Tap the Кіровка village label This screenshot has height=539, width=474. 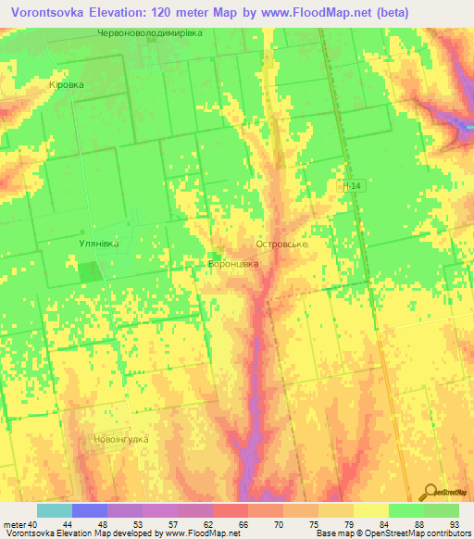tap(66, 83)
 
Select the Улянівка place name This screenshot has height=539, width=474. tap(96, 244)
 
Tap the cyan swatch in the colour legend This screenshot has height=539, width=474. tap(55, 510)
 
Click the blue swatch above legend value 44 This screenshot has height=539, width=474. tap(90, 510)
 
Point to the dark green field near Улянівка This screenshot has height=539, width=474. tap(89, 272)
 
